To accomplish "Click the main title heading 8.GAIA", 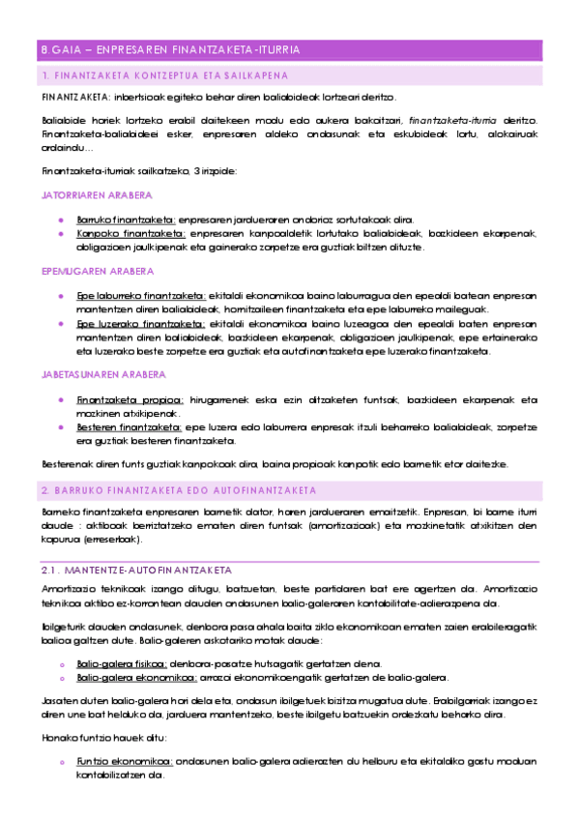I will (170, 49).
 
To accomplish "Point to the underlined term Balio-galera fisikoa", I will (121, 663).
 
